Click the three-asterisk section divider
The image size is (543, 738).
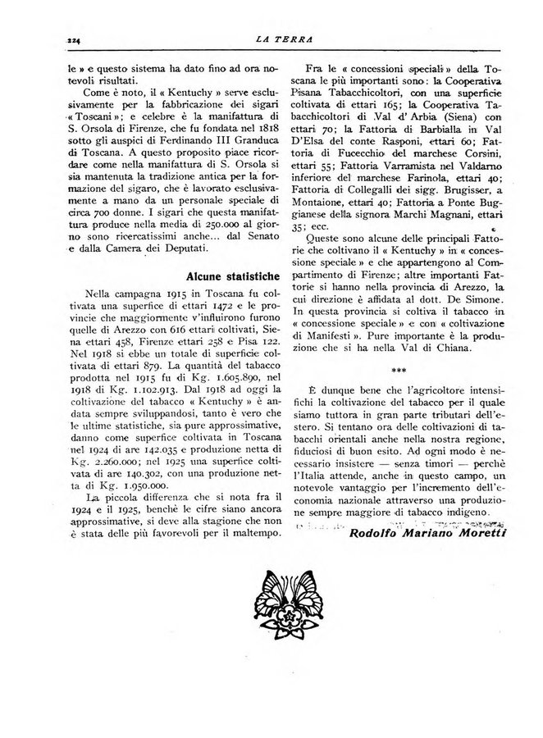[400, 369]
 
